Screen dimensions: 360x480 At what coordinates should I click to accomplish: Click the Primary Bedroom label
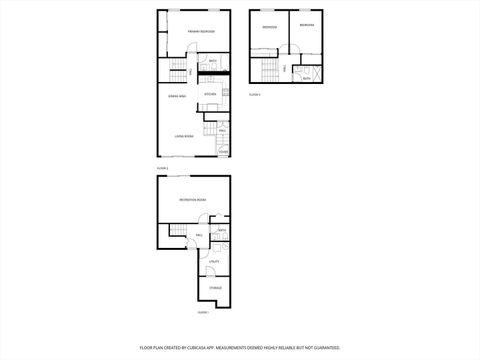tap(202, 32)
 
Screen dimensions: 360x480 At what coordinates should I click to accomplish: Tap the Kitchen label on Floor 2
tap(210, 94)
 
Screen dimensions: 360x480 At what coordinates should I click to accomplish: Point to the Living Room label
tap(183, 135)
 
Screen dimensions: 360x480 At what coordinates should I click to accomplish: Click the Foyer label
tap(223, 151)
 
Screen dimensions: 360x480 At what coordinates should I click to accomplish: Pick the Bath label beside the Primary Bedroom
tap(213, 62)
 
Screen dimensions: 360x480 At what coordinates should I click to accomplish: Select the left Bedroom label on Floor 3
tap(269, 26)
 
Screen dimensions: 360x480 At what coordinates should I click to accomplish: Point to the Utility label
tap(214, 261)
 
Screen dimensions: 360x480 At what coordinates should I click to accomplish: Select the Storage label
tap(215, 288)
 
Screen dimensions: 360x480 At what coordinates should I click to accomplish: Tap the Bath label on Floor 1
tap(222, 231)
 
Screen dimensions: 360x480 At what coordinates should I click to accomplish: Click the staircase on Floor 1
tap(178, 233)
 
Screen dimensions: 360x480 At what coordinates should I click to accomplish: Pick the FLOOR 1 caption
tap(202, 312)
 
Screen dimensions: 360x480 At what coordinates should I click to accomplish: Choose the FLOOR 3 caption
tap(254, 94)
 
